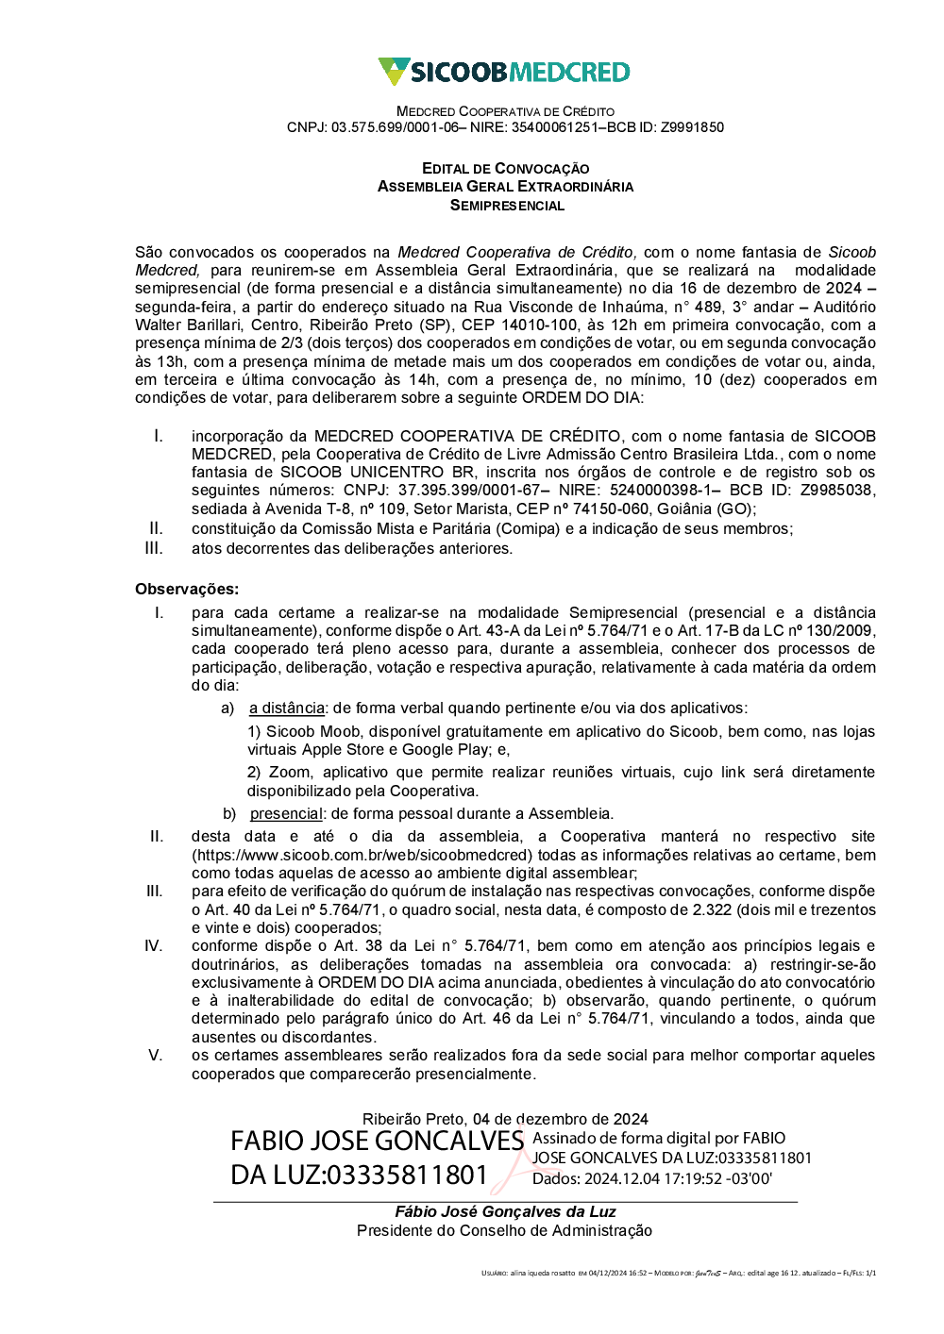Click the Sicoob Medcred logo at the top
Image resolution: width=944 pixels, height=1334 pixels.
504,72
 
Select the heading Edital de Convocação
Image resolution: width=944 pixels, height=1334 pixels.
505,168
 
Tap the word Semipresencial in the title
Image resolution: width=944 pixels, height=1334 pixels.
507,205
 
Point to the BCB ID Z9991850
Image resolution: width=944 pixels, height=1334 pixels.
692,127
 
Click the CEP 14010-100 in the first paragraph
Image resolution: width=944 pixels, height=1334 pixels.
538,325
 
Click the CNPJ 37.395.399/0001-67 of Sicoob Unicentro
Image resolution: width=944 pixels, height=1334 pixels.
469,491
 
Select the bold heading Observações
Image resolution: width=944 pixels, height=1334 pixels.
187,590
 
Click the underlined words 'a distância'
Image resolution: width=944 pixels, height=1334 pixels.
287,709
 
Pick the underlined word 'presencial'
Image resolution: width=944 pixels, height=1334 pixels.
286,814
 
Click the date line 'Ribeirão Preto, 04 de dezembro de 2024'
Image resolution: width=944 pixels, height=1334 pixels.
505,1119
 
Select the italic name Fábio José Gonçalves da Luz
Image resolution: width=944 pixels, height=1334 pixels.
505,1212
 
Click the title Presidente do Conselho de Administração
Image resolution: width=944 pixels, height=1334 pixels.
505,1231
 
